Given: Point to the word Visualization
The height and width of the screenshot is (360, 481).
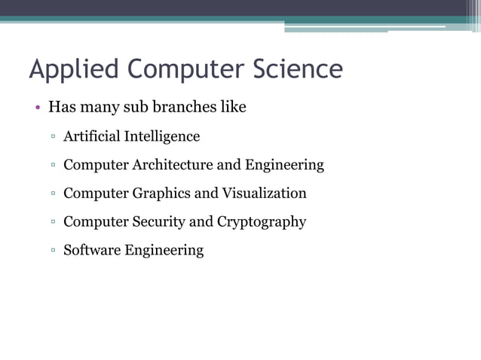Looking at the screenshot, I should [x=264, y=193].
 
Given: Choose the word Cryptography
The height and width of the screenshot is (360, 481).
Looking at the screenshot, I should [x=261, y=221].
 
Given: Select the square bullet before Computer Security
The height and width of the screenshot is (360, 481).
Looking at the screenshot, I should [x=54, y=223].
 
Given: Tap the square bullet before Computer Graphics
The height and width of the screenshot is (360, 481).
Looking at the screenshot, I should [x=54, y=194].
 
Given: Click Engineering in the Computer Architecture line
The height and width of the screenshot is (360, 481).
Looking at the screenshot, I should [x=284, y=164].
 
